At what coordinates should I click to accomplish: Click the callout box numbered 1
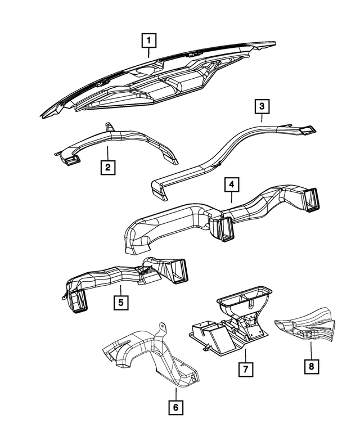click(x=149, y=40)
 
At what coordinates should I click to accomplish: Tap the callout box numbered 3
click(x=262, y=106)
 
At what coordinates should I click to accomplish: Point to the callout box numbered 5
click(x=121, y=302)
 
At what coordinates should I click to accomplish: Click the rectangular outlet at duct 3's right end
click(x=307, y=130)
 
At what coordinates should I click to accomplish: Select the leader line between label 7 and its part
click(x=245, y=355)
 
